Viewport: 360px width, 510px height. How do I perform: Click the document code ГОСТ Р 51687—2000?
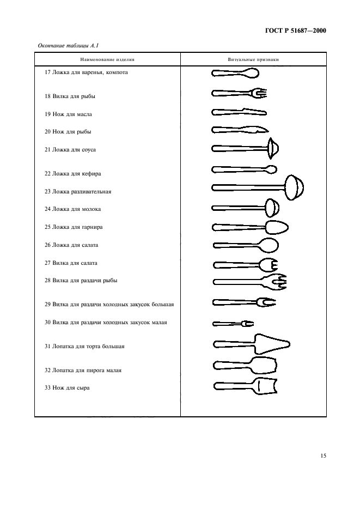click(296, 31)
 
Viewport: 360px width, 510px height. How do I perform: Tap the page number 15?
click(323, 456)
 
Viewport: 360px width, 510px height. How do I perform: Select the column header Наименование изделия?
click(107, 59)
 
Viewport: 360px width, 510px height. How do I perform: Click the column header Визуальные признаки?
click(253, 59)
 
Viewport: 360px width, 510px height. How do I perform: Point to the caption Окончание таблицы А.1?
click(68, 46)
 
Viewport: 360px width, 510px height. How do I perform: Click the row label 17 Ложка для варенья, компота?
click(86, 72)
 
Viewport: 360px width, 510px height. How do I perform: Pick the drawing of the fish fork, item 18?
click(239, 93)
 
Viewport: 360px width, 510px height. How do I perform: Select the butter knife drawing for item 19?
click(239, 113)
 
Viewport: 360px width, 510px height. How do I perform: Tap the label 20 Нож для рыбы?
click(68, 132)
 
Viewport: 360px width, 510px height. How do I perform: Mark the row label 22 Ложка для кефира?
click(73, 174)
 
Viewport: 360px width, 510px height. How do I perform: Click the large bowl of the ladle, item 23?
click(294, 187)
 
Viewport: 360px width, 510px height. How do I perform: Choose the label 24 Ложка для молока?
click(72, 209)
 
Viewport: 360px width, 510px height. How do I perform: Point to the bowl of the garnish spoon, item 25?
click(277, 227)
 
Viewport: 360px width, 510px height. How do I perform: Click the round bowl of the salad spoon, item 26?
click(270, 246)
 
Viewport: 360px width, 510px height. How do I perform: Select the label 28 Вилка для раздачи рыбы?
click(81, 281)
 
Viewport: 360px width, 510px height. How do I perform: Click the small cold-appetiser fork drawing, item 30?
click(233, 324)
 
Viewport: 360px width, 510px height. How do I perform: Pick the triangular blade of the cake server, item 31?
click(272, 344)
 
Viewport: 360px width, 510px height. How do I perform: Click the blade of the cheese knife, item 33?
click(265, 387)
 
